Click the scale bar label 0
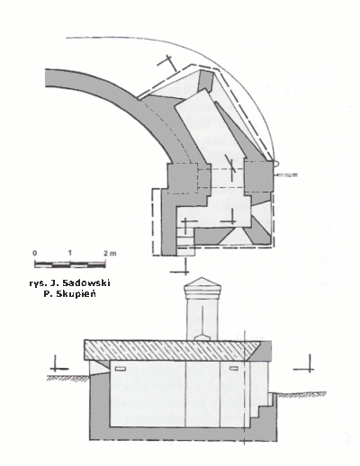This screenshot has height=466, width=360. coord(35,253)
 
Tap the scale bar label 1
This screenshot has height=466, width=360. coord(69,253)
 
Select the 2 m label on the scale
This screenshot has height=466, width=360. coord(110,253)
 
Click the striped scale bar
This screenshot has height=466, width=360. coord(70,264)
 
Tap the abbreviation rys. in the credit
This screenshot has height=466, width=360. coord(37,283)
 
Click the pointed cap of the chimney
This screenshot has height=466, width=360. coord(202,282)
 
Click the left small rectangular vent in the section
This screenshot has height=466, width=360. coord(121,369)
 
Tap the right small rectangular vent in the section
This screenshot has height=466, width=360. coord(234,368)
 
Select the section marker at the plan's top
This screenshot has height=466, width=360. coord(168,63)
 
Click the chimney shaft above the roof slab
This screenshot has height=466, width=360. coord(202,319)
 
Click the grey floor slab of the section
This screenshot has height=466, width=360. coord(183,434)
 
